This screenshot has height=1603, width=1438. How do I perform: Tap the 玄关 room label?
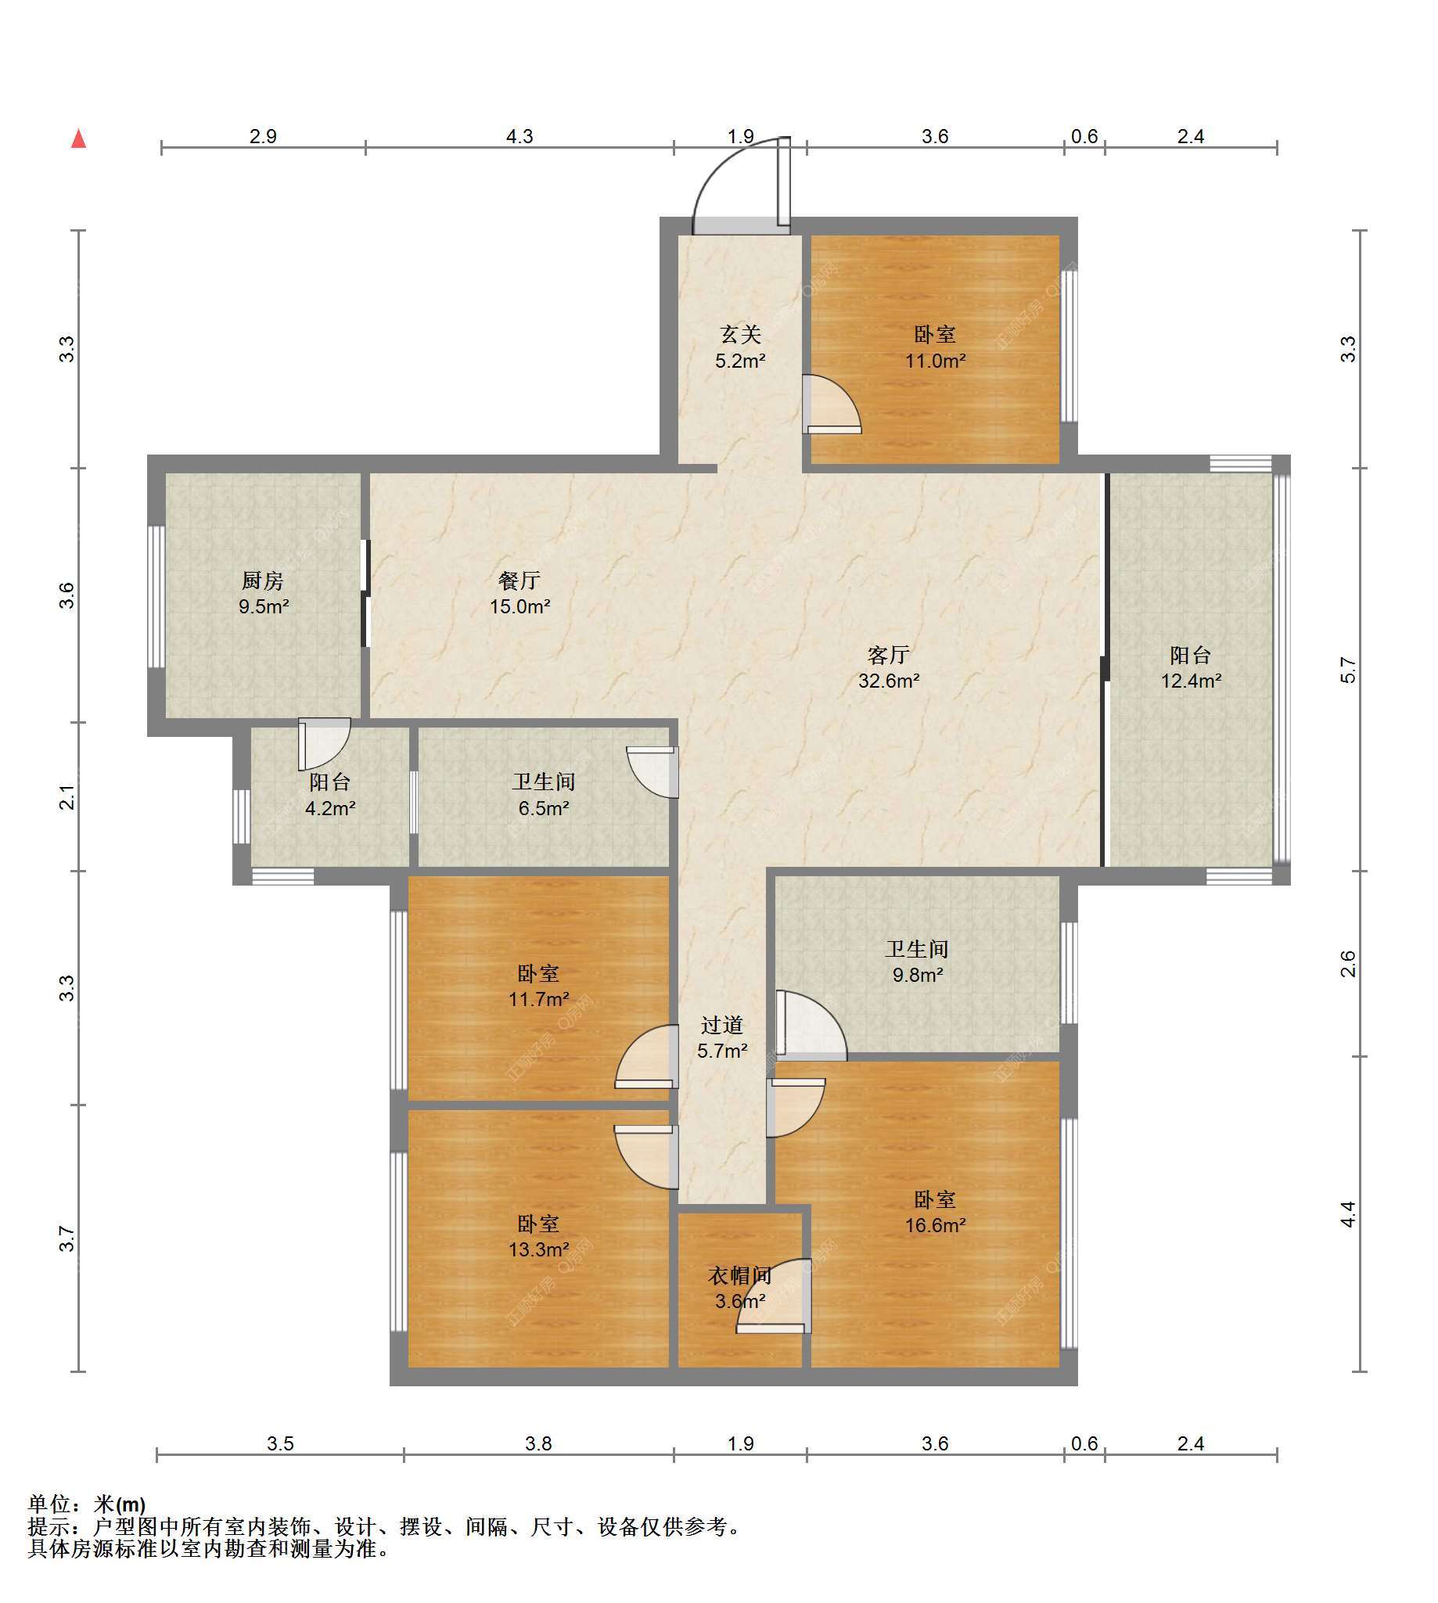[x=740, y=335]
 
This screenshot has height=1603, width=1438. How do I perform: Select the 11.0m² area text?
[x=936, y=361]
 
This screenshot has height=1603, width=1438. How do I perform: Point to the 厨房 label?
[x=262, y=580]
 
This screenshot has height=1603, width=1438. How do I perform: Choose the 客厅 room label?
[x=889, y=655]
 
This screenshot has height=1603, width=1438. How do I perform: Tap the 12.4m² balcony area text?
[x=1191, y=680]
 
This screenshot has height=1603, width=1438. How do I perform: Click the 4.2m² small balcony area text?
[x=330, y=808]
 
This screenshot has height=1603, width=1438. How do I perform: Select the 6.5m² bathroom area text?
[x=544, y=808]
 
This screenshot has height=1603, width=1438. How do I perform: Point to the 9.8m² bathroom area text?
[x=917, y=975]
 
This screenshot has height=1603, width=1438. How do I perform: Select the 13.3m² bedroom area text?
[x=539, y=1250]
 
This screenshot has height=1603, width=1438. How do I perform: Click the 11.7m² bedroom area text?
[x=539, y=999]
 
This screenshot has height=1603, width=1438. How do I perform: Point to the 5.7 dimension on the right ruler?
[x=1348, y=670]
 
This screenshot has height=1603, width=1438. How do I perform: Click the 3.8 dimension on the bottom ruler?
[x=539, y=1443]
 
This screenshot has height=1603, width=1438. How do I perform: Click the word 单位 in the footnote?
[x=49, y=1505]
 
